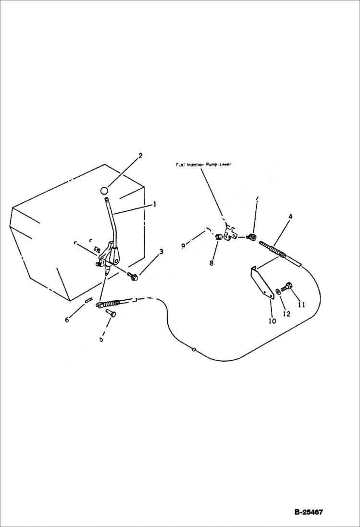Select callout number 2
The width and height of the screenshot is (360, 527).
pyautogui.click(x=140, y=156)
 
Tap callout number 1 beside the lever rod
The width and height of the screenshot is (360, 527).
pyautogui.click(x=154, y=204)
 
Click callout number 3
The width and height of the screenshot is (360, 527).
pyautogui.click(x=161, y=251)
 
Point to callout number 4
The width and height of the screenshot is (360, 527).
pyautogui.click(x=290, y=217)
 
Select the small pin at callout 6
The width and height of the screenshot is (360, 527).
pyautogui.click(x=88, y=300)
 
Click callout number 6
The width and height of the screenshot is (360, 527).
pyautogui.click(x=67, y=320)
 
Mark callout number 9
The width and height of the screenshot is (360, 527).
pyautogui.click(x=183, y=245)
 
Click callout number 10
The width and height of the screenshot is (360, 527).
pyautogui.click(x=272, y=321)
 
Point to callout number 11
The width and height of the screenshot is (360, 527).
pyautogui.click(x=301, y=305)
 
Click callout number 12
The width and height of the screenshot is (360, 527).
pyautogui.click(x=286, y=314)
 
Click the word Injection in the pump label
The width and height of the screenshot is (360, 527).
pyautogui.click(x=196, y=164)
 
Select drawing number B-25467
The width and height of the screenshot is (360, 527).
pyautogui.click(x=308, y=512)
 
